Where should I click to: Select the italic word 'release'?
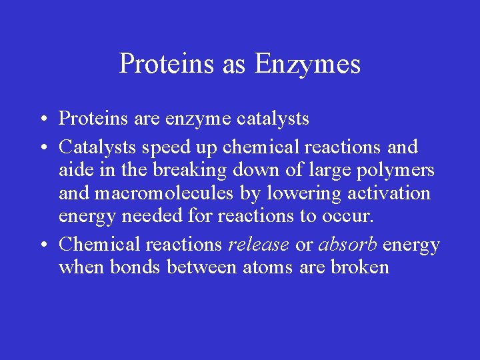tap(259, 245)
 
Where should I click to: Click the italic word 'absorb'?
tap(347, 245)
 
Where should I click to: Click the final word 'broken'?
tap(360, 268)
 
